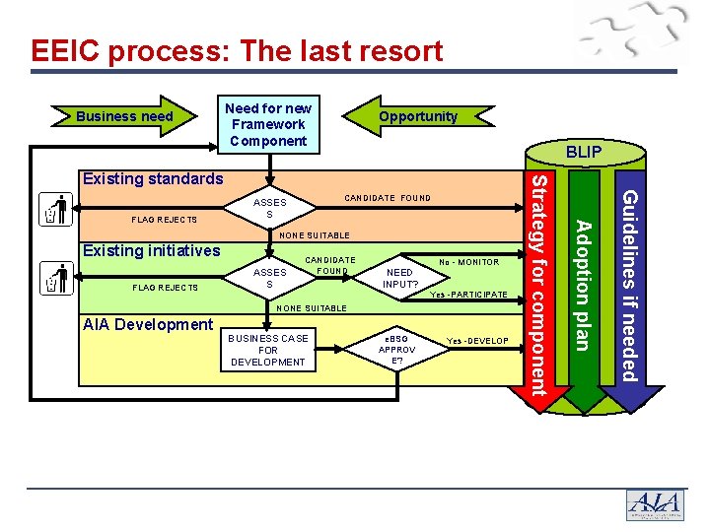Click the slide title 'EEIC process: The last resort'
click(237, 50)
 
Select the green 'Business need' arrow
click(126, 116)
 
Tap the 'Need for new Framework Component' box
click(268, 124)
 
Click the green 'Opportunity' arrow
click(416, 116)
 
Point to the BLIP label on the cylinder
click(584, 153)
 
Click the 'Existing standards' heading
click(153, 178)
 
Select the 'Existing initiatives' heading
click(151, 250)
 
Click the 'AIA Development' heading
click(148, 324)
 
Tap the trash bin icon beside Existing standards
click(55, 210)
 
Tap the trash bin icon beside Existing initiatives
click(55, 279)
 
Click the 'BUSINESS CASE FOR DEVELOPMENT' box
click(268, 350)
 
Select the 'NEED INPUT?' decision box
click(400, 278)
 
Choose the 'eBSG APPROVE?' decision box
click(396, 350)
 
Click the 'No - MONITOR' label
click(469, 262)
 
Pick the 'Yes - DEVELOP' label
click(477, 341)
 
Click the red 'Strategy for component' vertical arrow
click(538, 286)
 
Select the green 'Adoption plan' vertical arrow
click(584, 286)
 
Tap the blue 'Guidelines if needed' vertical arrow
click(629, 286)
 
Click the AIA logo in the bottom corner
click(654, 503)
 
